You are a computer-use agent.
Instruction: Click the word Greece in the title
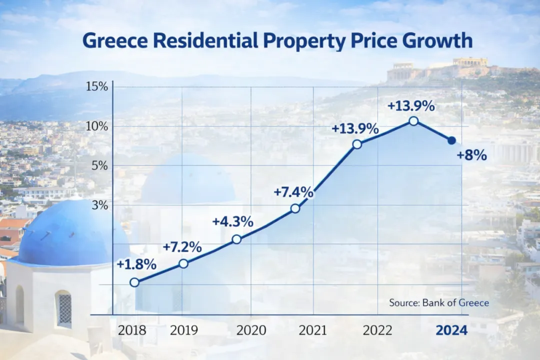point(115,40)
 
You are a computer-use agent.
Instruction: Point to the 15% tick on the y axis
point(97,86)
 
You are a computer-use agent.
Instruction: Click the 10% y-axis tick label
point(97,126)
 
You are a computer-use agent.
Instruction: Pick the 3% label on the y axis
point(100,205)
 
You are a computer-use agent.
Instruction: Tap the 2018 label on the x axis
point(132,330)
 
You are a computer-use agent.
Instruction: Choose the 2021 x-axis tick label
point(312,330)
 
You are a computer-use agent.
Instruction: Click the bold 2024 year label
point(451,330)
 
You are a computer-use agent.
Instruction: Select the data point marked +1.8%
point(134,282)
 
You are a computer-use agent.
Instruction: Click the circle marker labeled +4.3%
point(236,239)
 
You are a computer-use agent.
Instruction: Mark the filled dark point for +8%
point(452,140)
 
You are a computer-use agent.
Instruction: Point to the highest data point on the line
point(414,121)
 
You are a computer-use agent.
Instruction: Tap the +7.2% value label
point(182,247)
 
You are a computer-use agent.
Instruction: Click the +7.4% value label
point(293,192)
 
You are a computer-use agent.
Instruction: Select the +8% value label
point(472,155)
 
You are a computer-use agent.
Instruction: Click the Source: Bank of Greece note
point(439,303)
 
